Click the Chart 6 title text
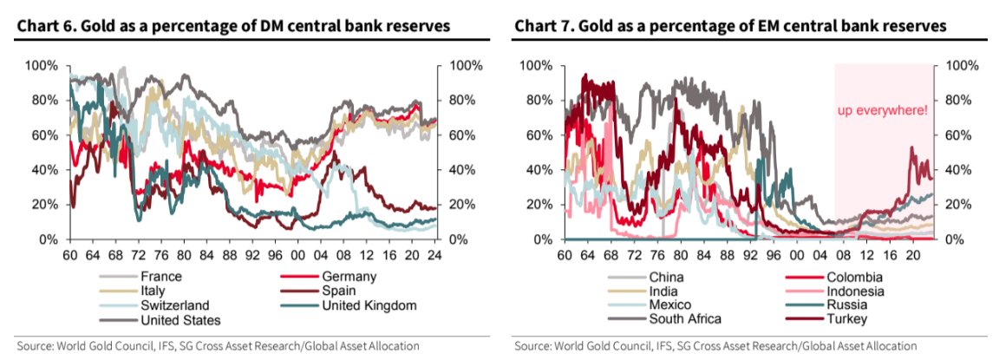tap(232, 25)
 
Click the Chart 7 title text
tap(730, 25)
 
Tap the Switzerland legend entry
tap(172, 305)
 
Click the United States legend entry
tap(176, 319)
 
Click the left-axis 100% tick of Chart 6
tap(42, 66)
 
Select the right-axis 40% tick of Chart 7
tap(960, 170)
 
